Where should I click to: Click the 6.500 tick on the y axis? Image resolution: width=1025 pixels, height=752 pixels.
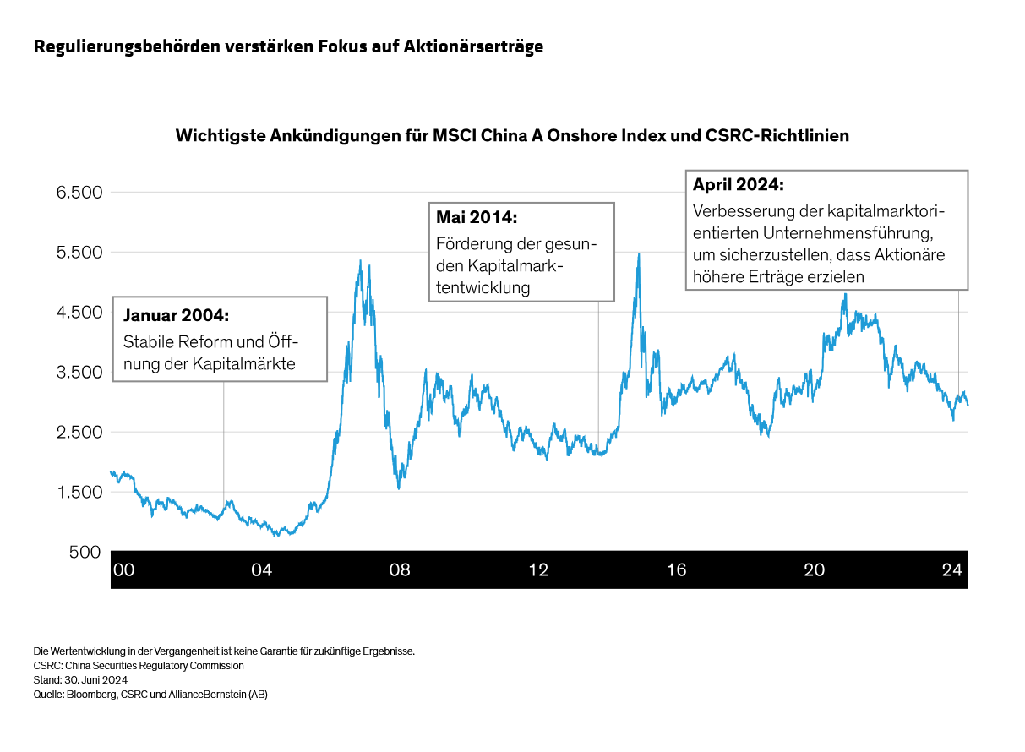pos(79,193)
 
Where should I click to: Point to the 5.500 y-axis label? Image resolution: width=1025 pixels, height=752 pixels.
pos(79,253)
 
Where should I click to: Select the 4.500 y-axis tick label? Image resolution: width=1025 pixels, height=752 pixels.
pos(79,313)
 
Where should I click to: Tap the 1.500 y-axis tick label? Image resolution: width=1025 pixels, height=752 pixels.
pos(79,492)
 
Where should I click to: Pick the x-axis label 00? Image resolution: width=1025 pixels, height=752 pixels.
pos(123,570)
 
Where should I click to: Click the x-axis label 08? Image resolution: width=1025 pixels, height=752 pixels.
pos(400,570)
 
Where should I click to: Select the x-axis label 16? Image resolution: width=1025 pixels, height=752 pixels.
pos(676,570)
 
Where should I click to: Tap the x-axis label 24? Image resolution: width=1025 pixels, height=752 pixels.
pos(952,570)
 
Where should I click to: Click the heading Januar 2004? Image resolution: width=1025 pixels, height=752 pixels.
pos(176,315)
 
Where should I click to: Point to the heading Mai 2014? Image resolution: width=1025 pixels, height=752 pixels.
pos(477,217)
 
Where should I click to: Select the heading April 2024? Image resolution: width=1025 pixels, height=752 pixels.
pos(739,184)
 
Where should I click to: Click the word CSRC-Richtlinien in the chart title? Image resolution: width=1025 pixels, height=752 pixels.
pos(777,135)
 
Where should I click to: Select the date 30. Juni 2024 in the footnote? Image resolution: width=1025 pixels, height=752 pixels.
pos(94,679)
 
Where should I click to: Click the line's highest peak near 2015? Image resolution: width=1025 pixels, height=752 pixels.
pos(639,254)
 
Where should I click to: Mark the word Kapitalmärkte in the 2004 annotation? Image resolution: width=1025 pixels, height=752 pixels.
pos(254,365)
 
